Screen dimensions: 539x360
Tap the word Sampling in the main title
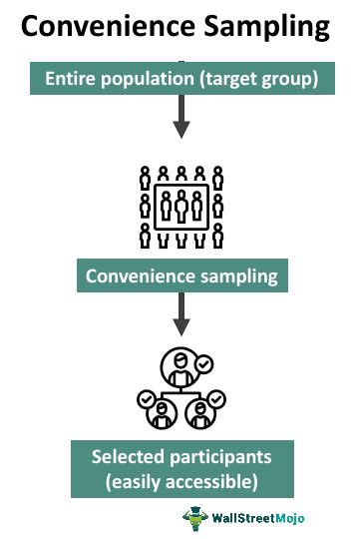270,27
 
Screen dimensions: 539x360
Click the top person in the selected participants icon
181,366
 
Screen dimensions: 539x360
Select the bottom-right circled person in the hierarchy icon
201,409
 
